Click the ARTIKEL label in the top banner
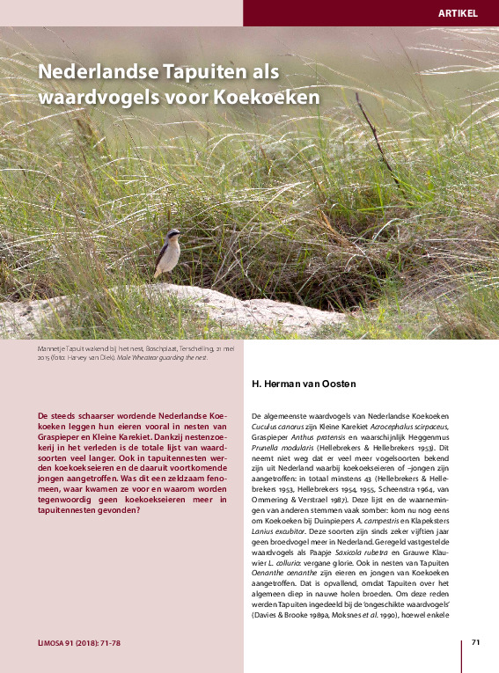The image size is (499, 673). point(457,13)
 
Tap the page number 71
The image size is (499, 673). point(475,641)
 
